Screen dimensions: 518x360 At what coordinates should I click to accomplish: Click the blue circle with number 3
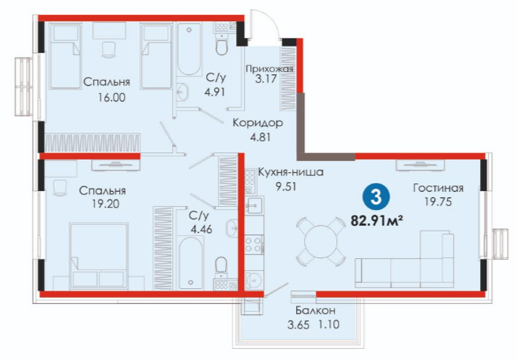point(377,197)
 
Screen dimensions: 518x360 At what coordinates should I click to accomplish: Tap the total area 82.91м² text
point(377,220)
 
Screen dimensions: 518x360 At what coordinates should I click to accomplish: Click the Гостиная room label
point(438,188)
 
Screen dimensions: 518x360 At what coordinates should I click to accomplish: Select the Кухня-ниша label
point(291,172)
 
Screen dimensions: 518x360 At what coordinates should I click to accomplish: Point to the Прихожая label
point(269,69)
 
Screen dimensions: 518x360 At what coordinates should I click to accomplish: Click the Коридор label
point(257,123)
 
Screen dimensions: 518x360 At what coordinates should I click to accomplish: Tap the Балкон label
point(316,310)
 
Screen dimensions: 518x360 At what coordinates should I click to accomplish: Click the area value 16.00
point(111,98)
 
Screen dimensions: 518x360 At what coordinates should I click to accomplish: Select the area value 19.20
point(105,204)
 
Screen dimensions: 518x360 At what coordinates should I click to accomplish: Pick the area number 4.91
point(215,92)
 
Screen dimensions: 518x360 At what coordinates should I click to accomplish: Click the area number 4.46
point(201,228)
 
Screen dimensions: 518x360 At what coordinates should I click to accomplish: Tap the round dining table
point(321,242)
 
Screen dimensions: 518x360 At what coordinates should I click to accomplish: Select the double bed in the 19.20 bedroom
point(99,257)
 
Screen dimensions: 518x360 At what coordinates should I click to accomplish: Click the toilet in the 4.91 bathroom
point(222,45)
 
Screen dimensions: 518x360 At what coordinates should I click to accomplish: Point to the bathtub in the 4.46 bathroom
point(191,263)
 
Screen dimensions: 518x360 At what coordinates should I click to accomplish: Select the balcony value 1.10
point(328,324)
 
